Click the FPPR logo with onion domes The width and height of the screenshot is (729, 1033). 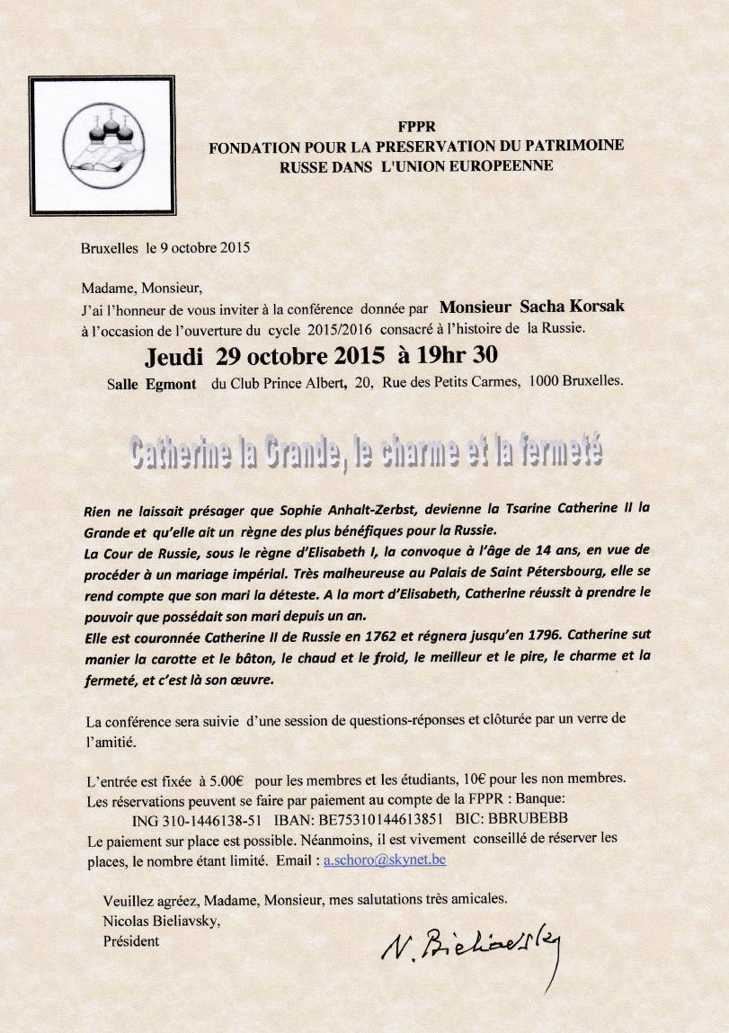(x=102, y=145)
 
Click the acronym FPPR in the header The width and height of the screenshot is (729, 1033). (x=415, y=127)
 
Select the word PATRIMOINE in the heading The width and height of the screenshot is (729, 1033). (x=578, y=146)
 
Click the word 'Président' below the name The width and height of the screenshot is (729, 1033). (x=131, y=941)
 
